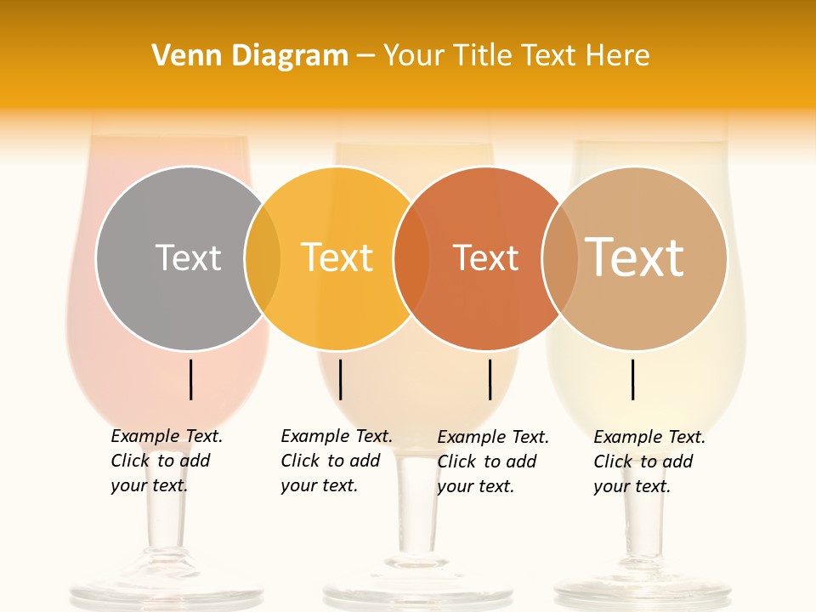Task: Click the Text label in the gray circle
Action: (x=188, y=258)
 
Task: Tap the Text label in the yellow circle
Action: (x=337, y=258)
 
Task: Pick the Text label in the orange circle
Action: (x=485, y=258)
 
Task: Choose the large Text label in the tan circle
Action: (x=635, y=257)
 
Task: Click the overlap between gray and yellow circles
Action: (x=263, y=258)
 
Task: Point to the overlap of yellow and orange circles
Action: (x=411, y=258)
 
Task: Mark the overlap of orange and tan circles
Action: (x=560, y=258)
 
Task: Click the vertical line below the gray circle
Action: (x=191, y=379)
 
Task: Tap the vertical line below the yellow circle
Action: (x=340, y=379)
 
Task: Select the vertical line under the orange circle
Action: (x=490, y=379)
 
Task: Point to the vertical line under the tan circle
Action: (x=633, y=379)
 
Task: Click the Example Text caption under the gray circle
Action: (x=166, y=461)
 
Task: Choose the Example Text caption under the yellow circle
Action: (x=336, y=461)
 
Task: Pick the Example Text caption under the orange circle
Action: (x=492, y=462)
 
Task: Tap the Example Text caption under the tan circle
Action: (x=649, y=462)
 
